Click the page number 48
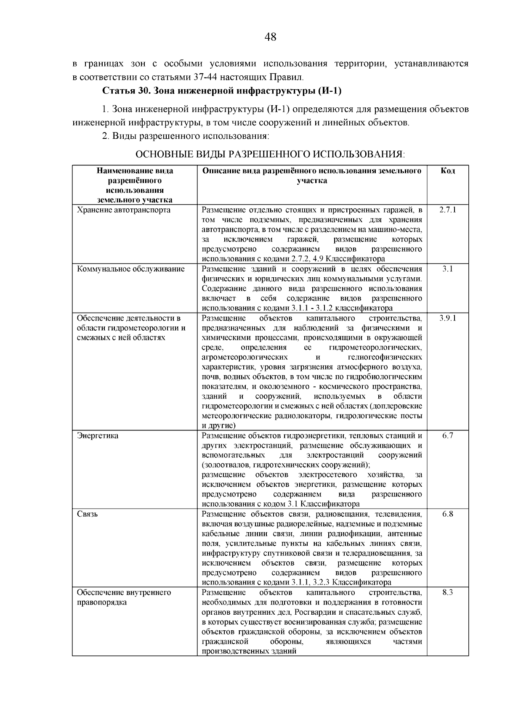[x=271, y=37]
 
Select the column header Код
[x=448, y=171]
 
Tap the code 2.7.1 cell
[x=448, y=210]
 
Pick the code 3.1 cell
[x=448, y=269]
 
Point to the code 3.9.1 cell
[x=448, y=318]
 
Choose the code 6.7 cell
[x=448, y=435]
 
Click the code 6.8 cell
[x=448, y=514]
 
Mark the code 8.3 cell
[x=448, y=592]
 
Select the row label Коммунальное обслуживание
[x=130, y=269]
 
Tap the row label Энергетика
[x=98, y=435]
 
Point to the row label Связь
[x=87, y=514]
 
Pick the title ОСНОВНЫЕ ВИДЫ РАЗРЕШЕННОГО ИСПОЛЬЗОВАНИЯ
[x=270, y=154]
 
